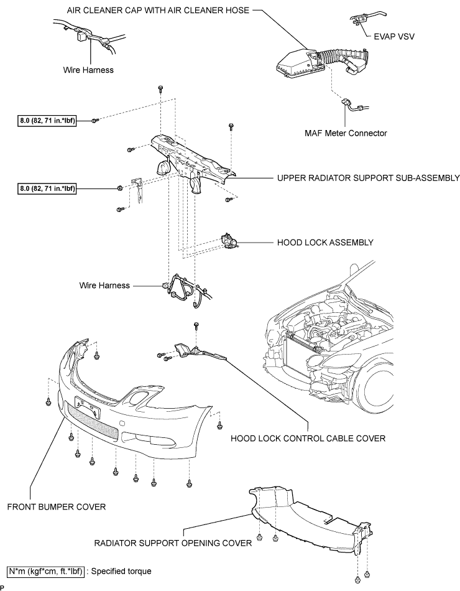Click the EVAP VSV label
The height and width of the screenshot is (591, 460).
pyautogui.click(x=394, y=37)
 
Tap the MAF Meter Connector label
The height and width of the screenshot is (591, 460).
pyautogui.click(x=346, y=133)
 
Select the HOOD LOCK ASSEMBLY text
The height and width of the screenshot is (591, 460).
pyautogui.click(x=325, y=243)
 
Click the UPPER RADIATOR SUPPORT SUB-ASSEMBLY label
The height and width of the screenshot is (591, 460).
pyautogui.click(x=369, y=178)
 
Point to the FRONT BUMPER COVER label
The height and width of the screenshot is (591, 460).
pyautogui.click(x=57, y=507)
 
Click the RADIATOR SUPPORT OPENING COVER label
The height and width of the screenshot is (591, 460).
pyautogui.click(x=173, y=543)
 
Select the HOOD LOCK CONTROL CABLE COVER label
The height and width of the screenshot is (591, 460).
pyautogui.click(x=308, y=439)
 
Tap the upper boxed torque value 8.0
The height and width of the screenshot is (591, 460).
pyautogui.click(x=47, y=121)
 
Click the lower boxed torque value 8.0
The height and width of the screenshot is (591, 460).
pyautogui.click(x=47, y=188)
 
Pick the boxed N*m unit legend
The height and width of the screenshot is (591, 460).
pyautogui.click(x=45, y=571)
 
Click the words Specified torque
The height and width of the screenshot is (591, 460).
pyautogui.click(x=121, y=571)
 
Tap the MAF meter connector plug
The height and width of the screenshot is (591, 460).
pyautogui.click(x=346, y=102)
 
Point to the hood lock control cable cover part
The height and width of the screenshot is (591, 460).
pyautogui.click(x=200, y=351)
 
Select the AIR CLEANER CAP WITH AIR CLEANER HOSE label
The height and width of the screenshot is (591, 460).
pyautogui.click(x=158, y=10)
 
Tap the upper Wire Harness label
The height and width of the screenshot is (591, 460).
pyautogui.click(x=88, y=70)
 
